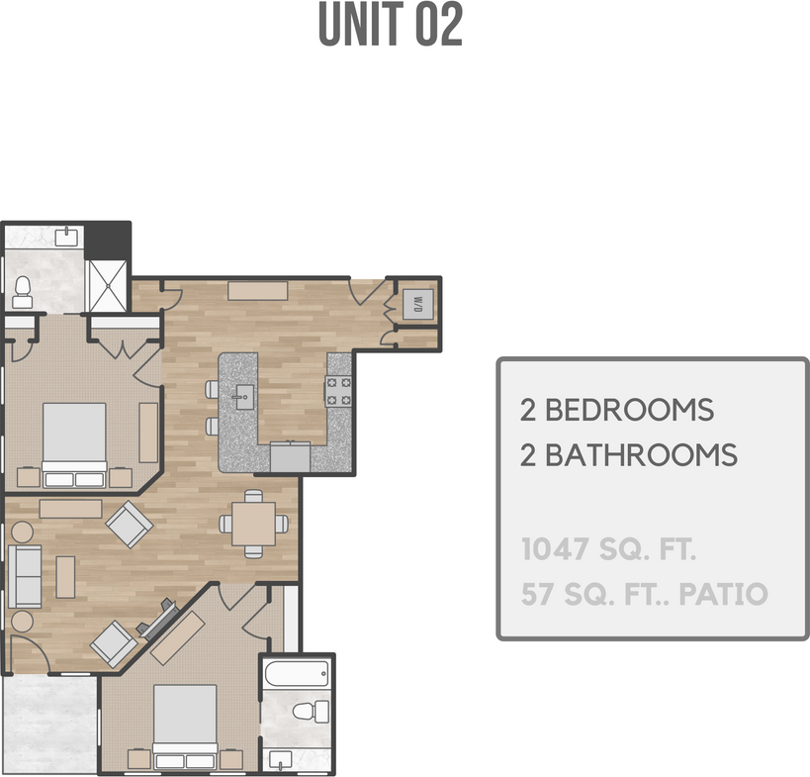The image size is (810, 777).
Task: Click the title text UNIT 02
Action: coord(390,27)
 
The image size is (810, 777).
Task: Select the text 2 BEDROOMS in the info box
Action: coord(617,409)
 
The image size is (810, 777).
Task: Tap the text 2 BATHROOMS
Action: coord(629,455)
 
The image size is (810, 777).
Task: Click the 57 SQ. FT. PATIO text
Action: coord(644,595)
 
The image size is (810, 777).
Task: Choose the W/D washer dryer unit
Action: coord(416,304)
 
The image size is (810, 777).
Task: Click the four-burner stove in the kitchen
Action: coord(339,391)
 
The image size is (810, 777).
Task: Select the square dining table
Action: coord(254,524)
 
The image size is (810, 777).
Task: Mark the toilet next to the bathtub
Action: coord(315,710)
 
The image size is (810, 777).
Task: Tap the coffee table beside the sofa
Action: coord(65,577)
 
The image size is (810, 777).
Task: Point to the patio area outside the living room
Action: coord(48,724)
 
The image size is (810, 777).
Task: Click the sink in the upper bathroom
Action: coord(66,236)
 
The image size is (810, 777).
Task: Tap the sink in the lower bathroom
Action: coord(281,759)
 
